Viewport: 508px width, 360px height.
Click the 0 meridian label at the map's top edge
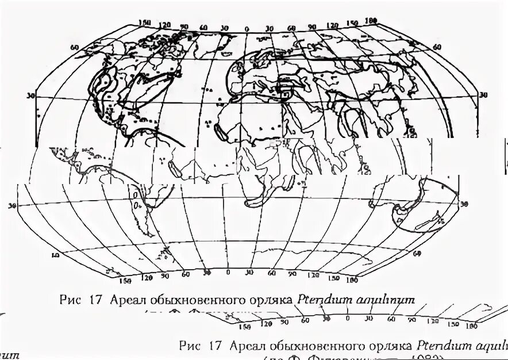pos(247,29)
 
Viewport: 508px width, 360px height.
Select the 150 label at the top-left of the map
pos(145,22)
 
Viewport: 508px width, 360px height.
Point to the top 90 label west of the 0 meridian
pos(184,26)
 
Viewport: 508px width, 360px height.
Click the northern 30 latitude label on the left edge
pos(30,95)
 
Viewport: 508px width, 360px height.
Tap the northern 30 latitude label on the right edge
pos(483,95)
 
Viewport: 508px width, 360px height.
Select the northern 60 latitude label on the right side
pos(437,47)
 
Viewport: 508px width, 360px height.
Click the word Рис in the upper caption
pos(68,298)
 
